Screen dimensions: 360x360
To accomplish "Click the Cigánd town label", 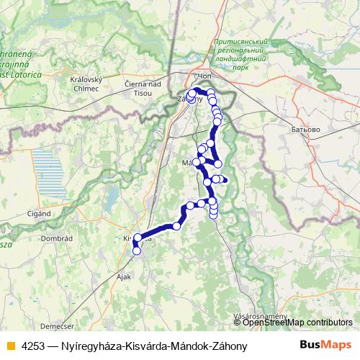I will point(39,213).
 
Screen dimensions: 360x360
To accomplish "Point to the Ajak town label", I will point(125,276).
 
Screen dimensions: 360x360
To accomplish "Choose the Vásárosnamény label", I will point(261,315).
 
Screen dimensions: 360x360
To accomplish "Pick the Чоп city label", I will point(206,76).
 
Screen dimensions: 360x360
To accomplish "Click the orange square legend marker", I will point(9,346).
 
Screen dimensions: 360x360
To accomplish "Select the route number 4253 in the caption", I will point(32,346).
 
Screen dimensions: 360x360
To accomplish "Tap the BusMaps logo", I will point(325,346).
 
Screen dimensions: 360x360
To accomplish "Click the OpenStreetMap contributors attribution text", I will point(297,323).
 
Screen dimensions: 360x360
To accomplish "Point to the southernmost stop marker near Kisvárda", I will point(136,251).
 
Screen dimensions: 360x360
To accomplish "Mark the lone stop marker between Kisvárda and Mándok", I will point(176,226).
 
